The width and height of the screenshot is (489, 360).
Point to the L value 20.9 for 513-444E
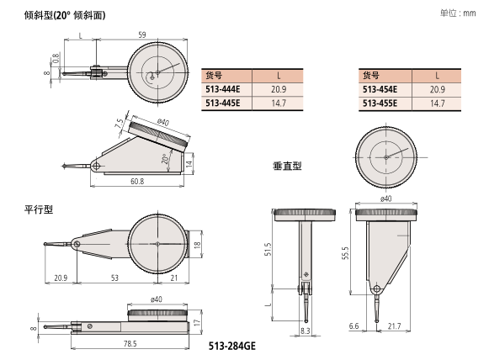(278, 88)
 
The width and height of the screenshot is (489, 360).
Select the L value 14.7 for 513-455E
(437, 103)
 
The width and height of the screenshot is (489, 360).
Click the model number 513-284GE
(233, 344)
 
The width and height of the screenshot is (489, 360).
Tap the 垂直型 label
(286, 166)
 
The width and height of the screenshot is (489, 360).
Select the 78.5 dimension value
(130, 343)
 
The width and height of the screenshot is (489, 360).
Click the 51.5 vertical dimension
(268, 251)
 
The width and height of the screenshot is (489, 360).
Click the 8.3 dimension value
(304, 332)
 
